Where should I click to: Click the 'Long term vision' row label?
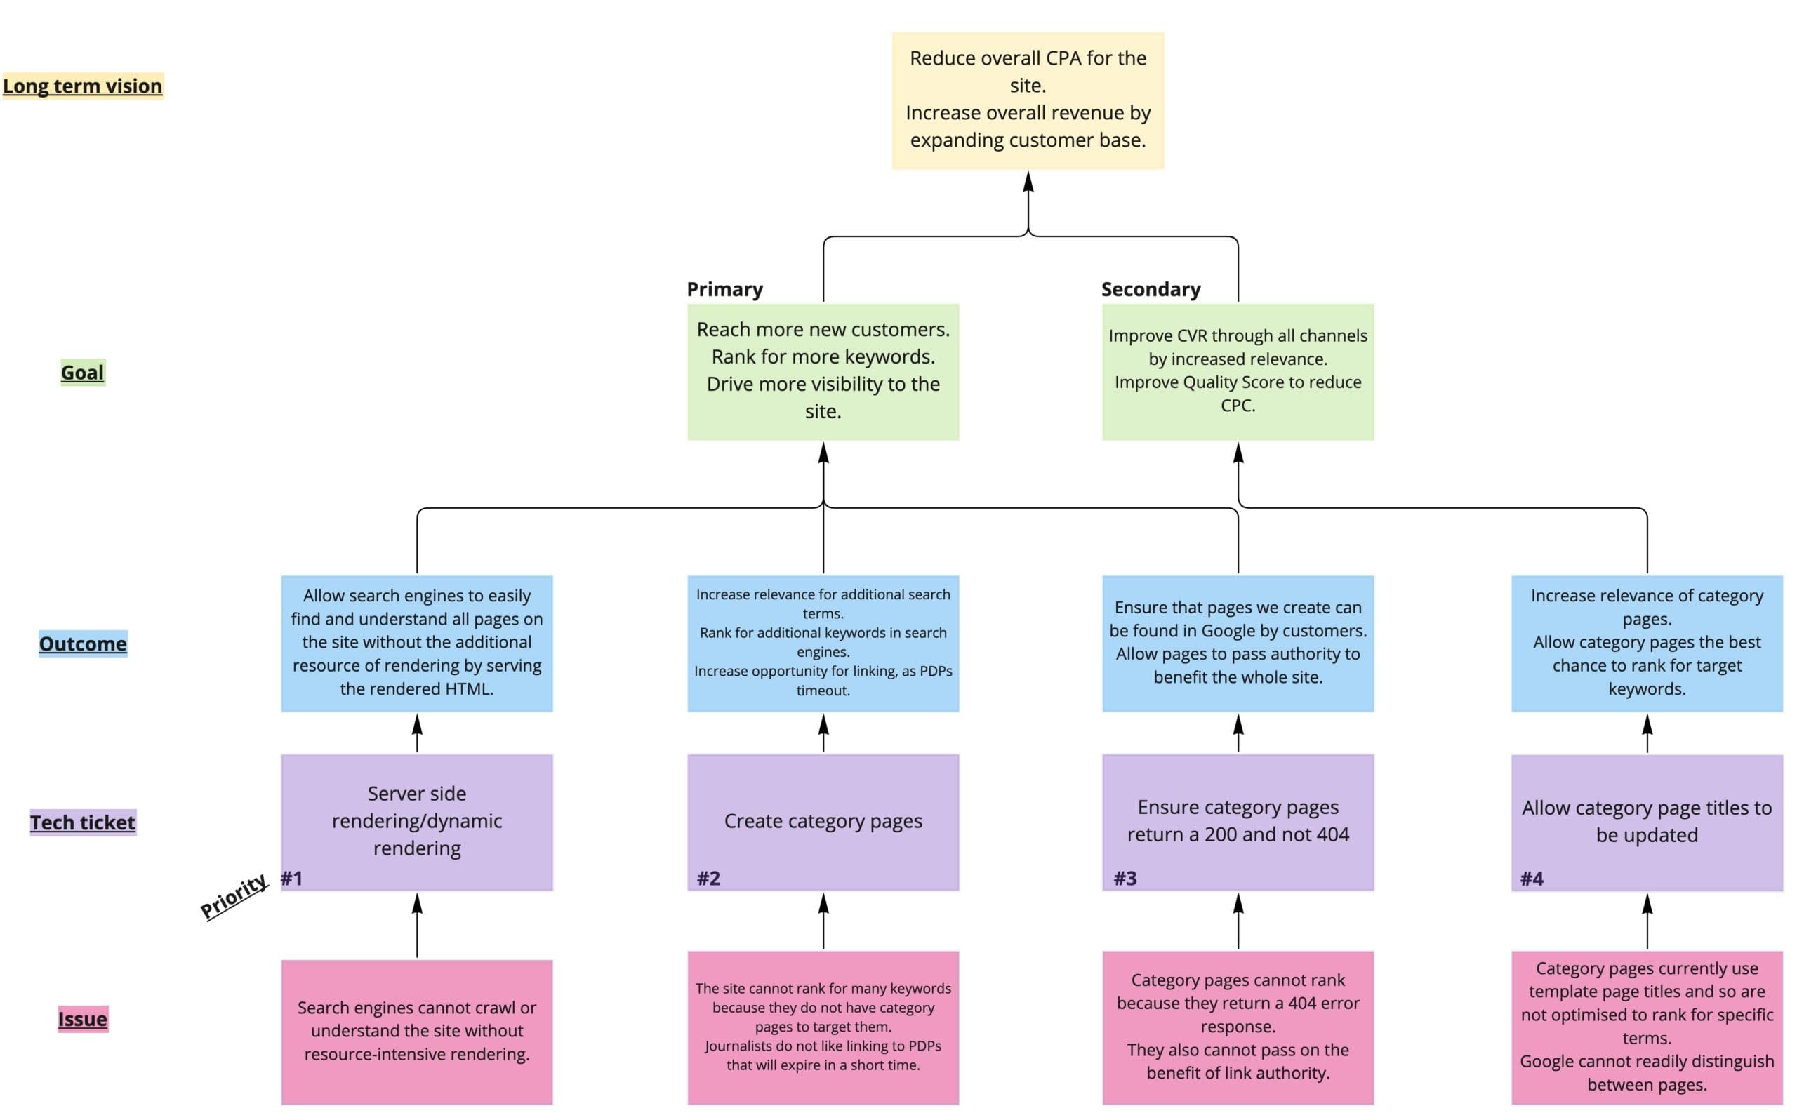pyautogui.click(x=82, y=86)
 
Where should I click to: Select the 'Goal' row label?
pyautogui.click(x=82, y=373)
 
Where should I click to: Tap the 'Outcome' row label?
pyautogui.click(x=82, y=644)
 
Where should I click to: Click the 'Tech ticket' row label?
pyautogui.click(x=82, y=822)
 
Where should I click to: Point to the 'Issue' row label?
pyautogui.click(x=82, y=1019)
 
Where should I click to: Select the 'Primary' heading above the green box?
pyautogui.click(x=724, y=289)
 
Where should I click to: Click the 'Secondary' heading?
pyautogui.click(x=1151, y=289)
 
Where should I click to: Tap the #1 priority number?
pyautogui.click(x=291, y=879)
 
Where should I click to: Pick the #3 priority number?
pyautogui.click(x=1125, y=879)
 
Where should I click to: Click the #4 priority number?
pyautogui.click(x=1531, y=879)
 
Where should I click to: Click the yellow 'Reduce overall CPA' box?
pyautogui.click(x=1028, y=100)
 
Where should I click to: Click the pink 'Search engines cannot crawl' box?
pyautogui.click(x=416, y=1031)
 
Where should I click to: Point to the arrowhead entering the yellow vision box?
pyautogui.click(x=1028, y=182)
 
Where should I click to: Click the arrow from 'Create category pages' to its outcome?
pyautogui.click(x=823, y=733)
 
